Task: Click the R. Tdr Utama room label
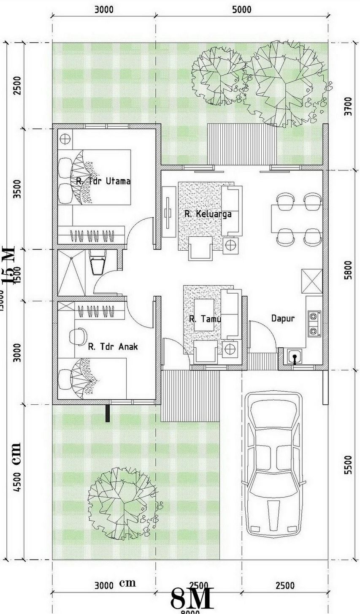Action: (103, 181)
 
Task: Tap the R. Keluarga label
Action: (208, 214)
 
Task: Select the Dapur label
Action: (283, 319)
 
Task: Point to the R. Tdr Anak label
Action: (113, 347)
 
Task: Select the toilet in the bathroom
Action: (97, 262)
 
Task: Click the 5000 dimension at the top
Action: (241, 9)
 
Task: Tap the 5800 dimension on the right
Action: (347, 270)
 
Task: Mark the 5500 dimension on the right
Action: (347, 464)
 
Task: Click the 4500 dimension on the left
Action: (17, 487)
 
